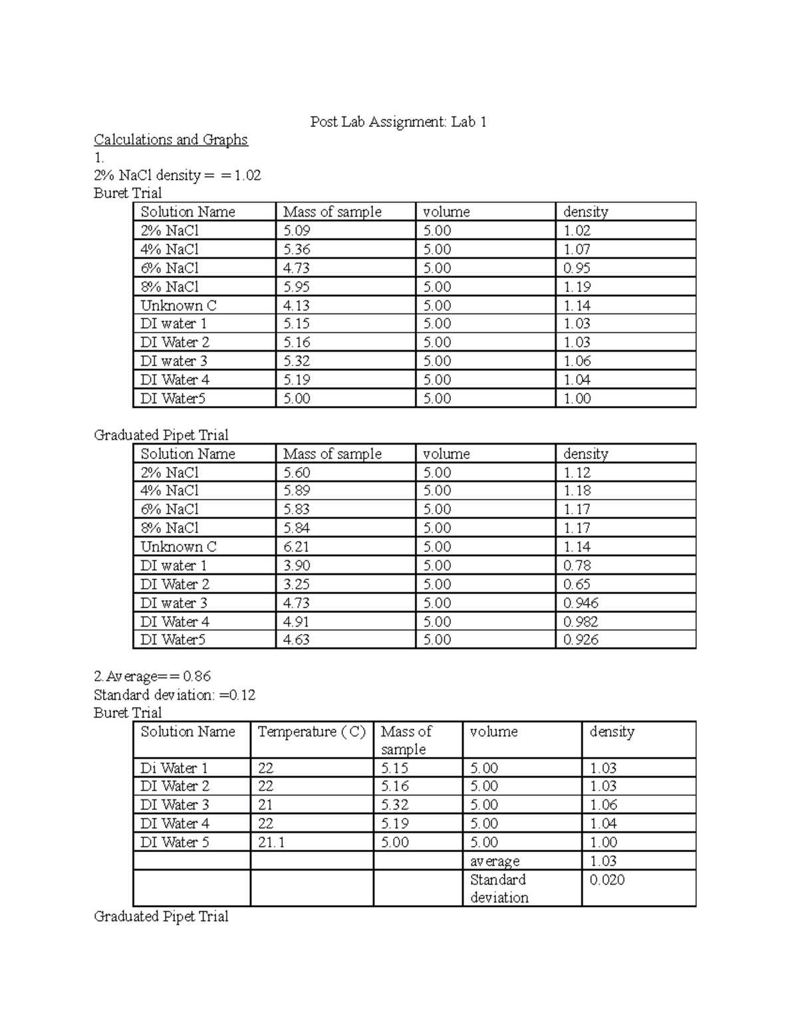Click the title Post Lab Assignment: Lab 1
pyautogui.click(x=398, y=122)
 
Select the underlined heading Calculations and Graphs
pyautogui.click(x=171, y=140)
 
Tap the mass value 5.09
pyautogui.click(x=297, y=231)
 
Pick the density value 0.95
pyautogui.click(x=577, y=268)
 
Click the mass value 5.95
pyautogui.click(x=297, y=286)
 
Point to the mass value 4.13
pyautogui.click(x=297, y=306)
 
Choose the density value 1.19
pyautogui.click(x=577, y=286)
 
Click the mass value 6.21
pyautogui.click(x=297, y=547)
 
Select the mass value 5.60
pyautogui.click(x=297, y=472)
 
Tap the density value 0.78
pyautogui.click(x=577, y=566)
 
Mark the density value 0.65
pyautogui.click(x=577, y=584)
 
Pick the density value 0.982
pyautogui.click(x=581, y=621)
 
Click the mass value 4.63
pyautogui.click(x=297, y=639)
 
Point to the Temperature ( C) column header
pyautogui.click(x=311, y=732)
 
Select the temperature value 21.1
pyautogui.click(x=271, y=842)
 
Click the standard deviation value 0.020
pyautogui.click(x=607, y=880)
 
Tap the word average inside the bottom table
pyautogui.click(x=495, y=861)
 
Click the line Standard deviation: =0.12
pyautogui.click(x=175, y=695)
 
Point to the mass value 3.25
pyautogui.click(x=297, y=584)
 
